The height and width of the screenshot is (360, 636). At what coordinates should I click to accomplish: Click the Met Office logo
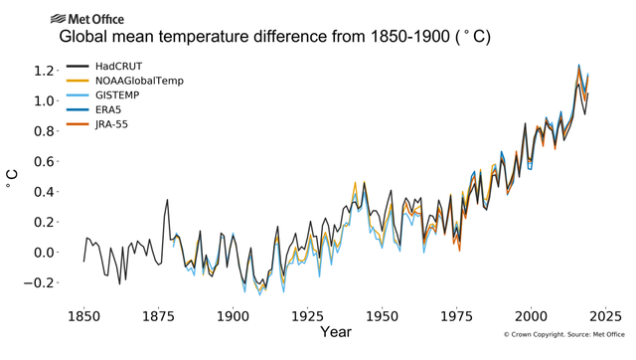[86, 18]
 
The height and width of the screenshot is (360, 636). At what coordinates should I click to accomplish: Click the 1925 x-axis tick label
[307, 315]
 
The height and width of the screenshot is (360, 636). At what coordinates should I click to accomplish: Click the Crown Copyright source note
[563, 336]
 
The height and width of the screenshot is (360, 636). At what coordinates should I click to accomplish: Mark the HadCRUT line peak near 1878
[167, 200]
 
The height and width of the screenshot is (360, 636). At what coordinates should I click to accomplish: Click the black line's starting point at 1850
[83, 262]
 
